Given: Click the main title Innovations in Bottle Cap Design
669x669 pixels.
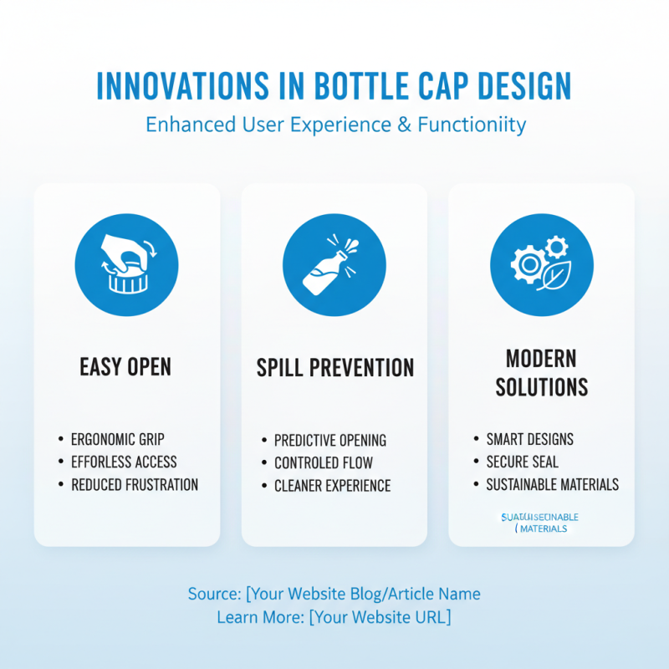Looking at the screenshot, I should [x=334, y=87].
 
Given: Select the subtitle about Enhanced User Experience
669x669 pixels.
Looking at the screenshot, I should [x=335, y=125].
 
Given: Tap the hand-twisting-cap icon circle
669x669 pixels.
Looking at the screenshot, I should [x=126, y=264].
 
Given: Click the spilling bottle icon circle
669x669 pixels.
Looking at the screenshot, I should [x=334, y=264].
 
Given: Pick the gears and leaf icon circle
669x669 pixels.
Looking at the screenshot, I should [x=541, y=264].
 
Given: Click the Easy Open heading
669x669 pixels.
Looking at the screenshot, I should [x=126, y=367].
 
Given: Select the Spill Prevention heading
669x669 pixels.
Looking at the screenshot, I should [x=334, y=367].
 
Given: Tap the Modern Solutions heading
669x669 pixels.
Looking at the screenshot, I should [x=541, y=373].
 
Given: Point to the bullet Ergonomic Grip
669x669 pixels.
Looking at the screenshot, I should [x=122, y=439].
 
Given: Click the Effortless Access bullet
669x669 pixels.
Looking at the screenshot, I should [x=124, y=462].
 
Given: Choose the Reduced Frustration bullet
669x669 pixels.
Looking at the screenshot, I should [x=134, y=484].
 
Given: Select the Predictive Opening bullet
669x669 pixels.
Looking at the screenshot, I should [x=330, y=440].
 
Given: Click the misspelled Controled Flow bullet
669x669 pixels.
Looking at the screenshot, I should [x=324, y=462].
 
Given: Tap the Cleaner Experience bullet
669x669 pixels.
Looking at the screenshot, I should [x=332, y=485].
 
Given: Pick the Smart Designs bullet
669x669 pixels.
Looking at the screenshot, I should [x=529, y=439].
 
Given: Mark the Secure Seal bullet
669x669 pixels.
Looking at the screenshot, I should [x=523, y=462].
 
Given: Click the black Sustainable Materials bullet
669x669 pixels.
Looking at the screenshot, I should [x=552, y=484].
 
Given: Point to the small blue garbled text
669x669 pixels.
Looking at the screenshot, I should [x=539, y=523].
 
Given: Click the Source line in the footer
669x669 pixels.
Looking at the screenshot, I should [x=334, y=594].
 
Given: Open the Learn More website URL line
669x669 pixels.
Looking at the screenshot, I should [x=334, y=617].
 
